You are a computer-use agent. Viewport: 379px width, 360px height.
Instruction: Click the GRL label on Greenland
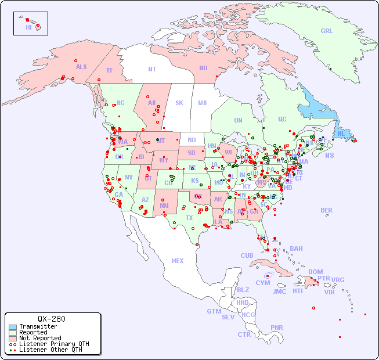(327, 31)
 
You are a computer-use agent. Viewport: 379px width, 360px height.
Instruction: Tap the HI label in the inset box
(28, 27)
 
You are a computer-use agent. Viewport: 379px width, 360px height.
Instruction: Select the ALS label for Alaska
(81, 67)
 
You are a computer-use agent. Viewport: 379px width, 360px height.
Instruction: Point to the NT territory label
(151, 69)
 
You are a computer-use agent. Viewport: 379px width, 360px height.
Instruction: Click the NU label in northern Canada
(203, 68)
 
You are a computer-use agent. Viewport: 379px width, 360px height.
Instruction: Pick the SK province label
(179, 103)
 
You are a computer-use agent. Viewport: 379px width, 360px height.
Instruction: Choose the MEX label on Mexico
(178, 261)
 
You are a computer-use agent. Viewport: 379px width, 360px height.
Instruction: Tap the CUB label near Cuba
(247, 255)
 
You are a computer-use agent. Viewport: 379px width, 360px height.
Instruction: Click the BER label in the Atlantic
(327, 210)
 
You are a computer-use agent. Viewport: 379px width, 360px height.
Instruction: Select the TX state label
(189, 218)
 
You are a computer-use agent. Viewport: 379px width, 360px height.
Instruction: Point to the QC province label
(282, 119)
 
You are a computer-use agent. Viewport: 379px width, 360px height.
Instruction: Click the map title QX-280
(51, 319)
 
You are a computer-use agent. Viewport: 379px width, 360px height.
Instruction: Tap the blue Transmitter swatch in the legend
(13, 327)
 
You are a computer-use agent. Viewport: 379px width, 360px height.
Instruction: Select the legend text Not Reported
(40, 338)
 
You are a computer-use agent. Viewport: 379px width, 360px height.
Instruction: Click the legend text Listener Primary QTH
(54, 344)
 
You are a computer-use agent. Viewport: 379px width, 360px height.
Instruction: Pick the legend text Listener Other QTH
(50, 350)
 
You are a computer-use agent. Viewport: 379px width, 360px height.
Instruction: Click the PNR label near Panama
(277, 327)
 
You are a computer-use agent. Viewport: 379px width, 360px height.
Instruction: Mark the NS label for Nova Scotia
(329, 155)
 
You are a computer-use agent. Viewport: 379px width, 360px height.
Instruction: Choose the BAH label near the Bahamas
(296, 249)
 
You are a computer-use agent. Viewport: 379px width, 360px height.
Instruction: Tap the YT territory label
(109, 69)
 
